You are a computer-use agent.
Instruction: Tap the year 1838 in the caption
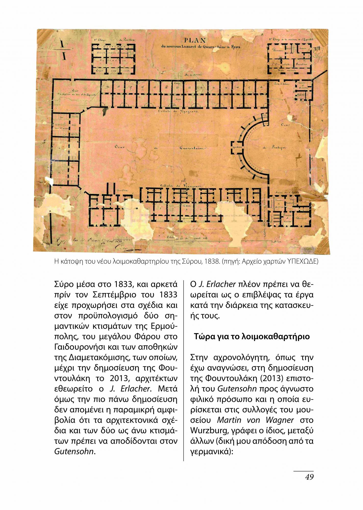211,262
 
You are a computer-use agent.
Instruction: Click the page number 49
309,477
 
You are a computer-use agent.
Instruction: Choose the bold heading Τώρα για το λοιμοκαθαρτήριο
252,337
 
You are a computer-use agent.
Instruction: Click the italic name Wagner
280,420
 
